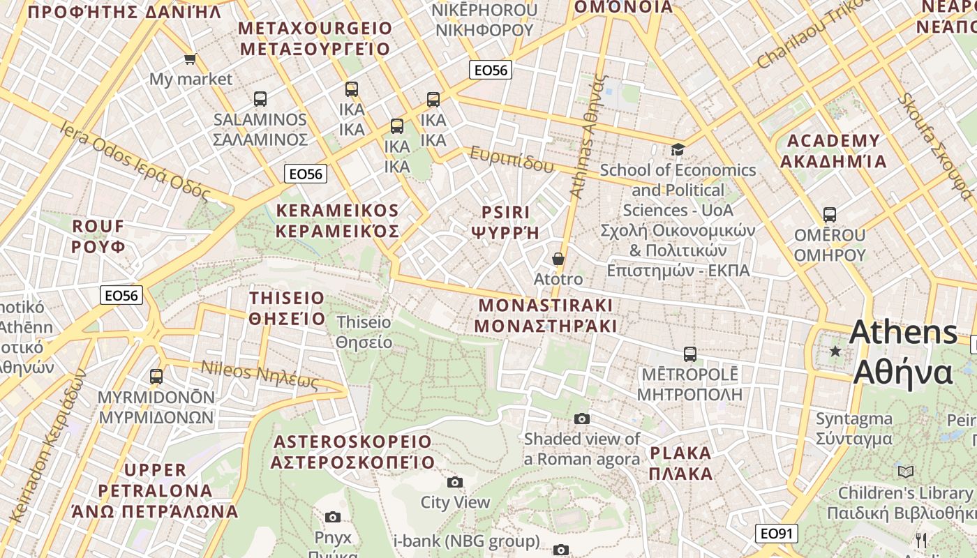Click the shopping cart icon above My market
pos(190,59)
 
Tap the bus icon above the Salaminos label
pos(260,98)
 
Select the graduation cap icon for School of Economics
pos(678,149)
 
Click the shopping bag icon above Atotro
pos(558,259)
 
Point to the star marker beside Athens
pos(835,351)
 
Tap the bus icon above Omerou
pos(829,214)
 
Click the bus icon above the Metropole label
pos(690,354)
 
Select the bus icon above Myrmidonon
pos(156,376)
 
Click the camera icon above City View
pos(455,482)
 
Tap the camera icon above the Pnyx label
pos(333,517)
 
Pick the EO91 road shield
pos(776,534)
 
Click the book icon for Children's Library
pos(906,472)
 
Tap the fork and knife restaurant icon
pos(921,540)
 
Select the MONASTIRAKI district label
pos(546,315)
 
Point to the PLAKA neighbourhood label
pos(681,463)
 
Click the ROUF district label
pos(98,236)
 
